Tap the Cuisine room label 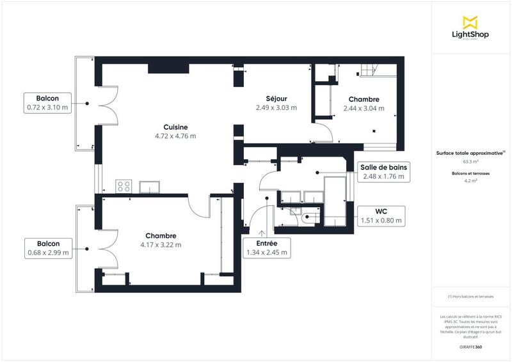point(175,127)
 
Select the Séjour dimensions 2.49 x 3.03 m point(276,107)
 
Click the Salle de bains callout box point(384,171)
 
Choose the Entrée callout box point(267,248)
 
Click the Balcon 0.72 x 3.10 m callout point(47,103)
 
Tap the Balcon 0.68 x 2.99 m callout point(47,248)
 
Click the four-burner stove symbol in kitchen point(124,186)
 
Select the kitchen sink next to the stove point(150,186)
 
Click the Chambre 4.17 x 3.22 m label point(160,240)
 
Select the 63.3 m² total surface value point(470,162)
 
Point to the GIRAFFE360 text point(470,345)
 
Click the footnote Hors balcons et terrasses point(470,297)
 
